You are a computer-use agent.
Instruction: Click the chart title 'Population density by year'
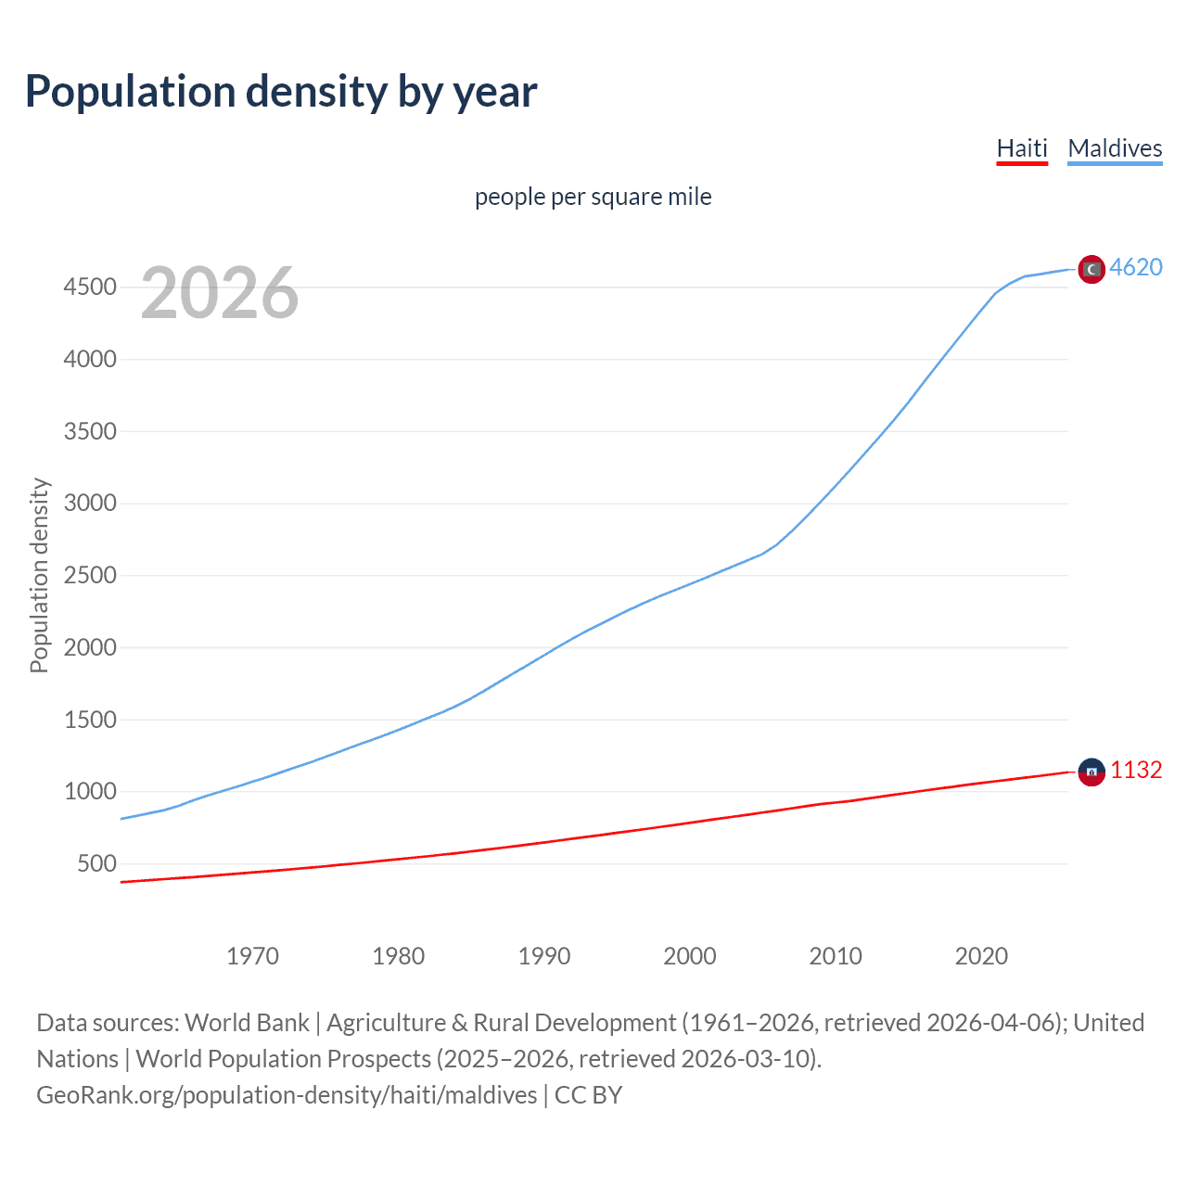point(281,92)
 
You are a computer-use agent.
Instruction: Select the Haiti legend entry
point(1021,148)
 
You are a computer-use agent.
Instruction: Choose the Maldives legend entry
point(1115,148)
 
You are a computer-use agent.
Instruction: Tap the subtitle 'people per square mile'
point(593,197)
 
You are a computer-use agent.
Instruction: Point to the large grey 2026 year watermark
point(220,293)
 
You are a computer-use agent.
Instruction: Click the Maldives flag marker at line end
point(1091,269)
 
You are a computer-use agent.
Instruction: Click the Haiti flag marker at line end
point(1091,772)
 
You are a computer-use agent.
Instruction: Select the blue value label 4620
point(1136,267)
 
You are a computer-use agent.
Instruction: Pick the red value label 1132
point(1136,770)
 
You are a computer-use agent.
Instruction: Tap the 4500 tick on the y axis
point(90,287)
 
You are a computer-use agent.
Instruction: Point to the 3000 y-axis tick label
point(90,504)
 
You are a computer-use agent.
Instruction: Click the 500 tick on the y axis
point(96,863)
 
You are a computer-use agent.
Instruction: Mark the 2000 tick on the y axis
point(90,647)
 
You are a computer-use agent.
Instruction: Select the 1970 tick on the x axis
point(252,956)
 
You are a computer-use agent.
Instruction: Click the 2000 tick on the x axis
point(689,956)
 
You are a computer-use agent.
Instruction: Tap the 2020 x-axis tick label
point(981,956)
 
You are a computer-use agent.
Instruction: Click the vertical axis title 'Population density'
point(39,575)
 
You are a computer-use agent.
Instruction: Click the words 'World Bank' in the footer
point(247,1023)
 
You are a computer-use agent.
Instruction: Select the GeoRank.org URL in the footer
point(287,1095)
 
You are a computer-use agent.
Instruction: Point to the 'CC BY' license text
point(588,1095)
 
